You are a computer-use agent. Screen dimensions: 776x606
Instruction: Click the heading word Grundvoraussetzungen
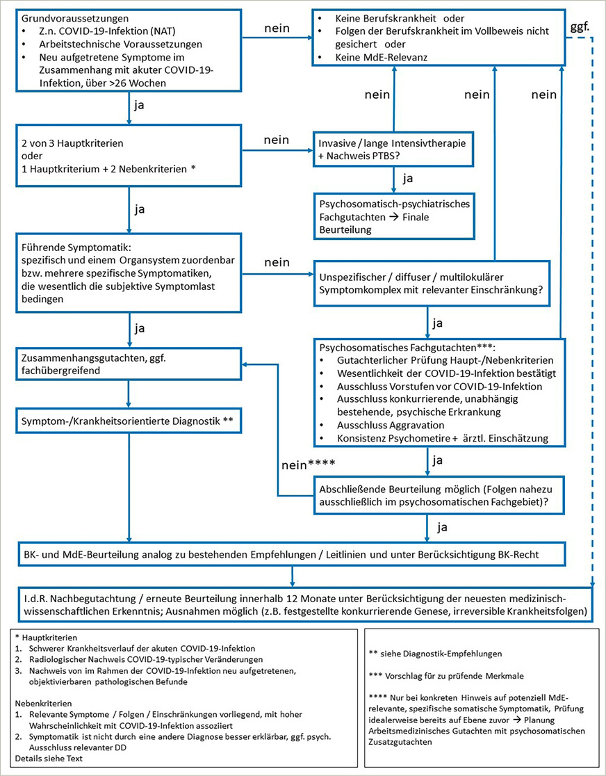pyautogui.click(x=67, y=19)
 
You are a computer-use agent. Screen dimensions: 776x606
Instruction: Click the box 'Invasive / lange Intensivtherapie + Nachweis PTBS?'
pyautogui.click(x=394, y=148)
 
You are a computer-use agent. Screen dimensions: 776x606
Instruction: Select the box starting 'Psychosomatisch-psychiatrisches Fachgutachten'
pyautogui.click(x=394, y=216)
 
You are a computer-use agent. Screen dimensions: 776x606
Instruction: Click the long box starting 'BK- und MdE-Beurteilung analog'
pyautogui.click(x=292, y=554)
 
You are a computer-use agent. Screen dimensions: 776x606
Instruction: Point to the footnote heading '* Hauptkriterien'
pyautogui.click(x=47, y=636)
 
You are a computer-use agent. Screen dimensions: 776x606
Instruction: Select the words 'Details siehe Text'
pyautogui.click(x=47, y=759)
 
